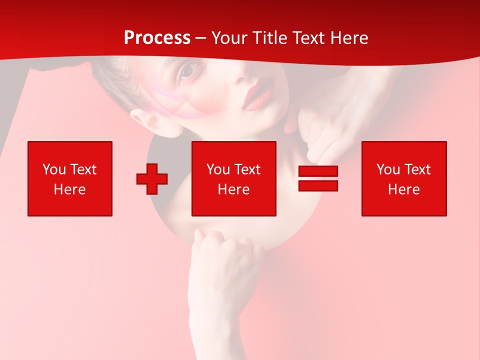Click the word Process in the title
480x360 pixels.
point(157,38)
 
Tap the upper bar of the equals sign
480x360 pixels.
point(318,171)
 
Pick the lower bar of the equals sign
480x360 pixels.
point(318,186)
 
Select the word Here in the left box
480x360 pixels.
point(70,189)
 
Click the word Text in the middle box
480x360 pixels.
point(247,169)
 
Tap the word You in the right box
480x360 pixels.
point(388,169)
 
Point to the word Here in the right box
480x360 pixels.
point(404,189)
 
